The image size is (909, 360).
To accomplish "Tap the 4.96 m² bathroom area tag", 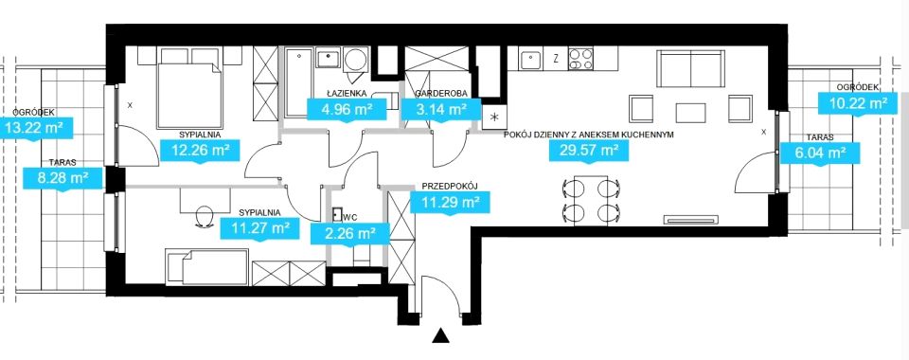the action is tap(340, 108).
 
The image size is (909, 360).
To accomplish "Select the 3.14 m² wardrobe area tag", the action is tap(442, 108).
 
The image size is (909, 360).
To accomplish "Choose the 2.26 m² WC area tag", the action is tap(343, 234).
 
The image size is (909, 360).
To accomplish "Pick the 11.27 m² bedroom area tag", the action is tap(260, 227).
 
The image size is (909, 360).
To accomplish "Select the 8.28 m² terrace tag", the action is tap(62, 177).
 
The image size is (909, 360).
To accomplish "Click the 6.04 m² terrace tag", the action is tap(819, 153).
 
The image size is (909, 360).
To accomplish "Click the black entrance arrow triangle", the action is tap(441, 335).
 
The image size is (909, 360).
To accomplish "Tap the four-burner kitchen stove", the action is tap(580, 58).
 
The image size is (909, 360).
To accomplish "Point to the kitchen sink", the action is tap(530, 59).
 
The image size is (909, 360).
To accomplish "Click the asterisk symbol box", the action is tap(494, 117).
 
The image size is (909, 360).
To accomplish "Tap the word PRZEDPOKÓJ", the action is tap(449, 186).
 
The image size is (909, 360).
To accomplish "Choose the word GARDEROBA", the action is tap(442, 94).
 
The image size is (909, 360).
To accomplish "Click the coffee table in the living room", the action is tap(690, 113).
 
